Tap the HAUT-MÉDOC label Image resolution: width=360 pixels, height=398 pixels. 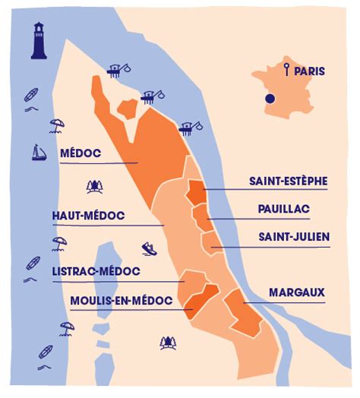point(88,216)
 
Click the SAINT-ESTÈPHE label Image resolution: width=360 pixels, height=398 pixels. point(289,181)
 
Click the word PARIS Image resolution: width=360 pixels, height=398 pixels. point(309,71)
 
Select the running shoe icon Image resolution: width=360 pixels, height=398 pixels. point(150,248)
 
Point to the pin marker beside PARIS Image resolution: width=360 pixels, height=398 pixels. point(286,71)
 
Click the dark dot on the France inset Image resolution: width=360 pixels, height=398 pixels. point(269,99)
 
